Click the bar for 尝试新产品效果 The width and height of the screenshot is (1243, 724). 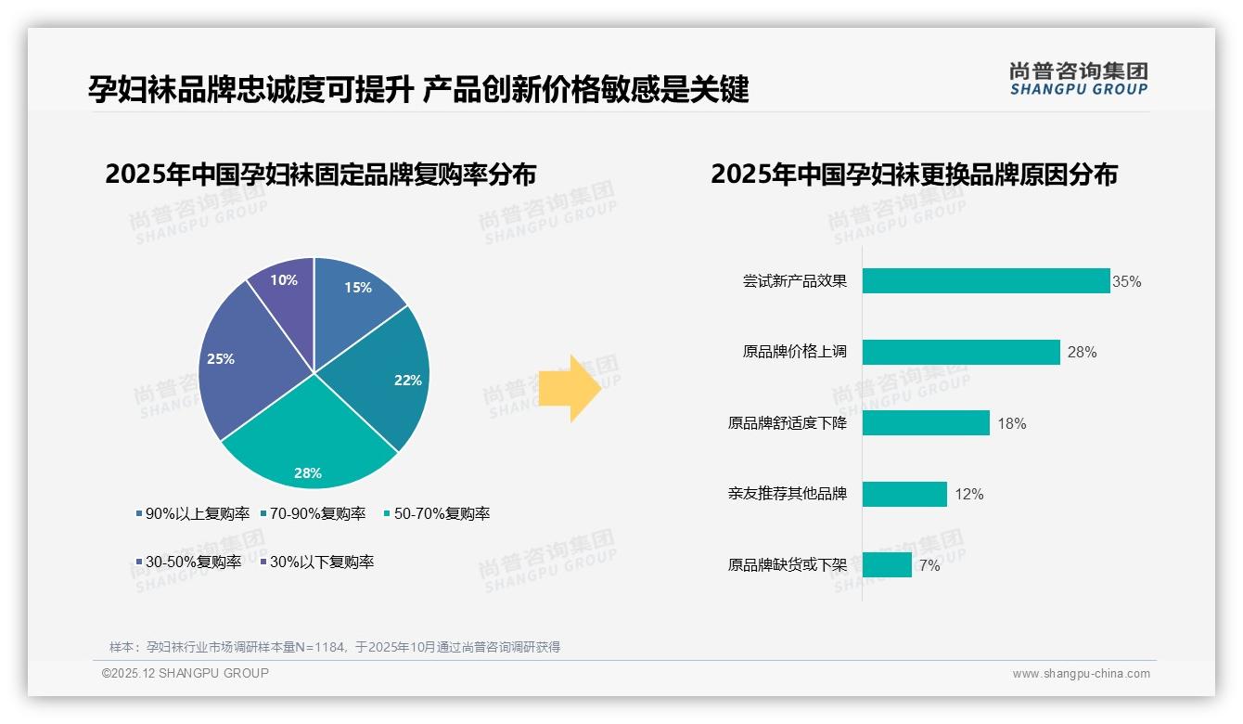coord(985,281)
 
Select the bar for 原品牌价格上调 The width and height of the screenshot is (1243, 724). coord(960,352)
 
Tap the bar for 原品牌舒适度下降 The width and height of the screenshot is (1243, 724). coord(925,423)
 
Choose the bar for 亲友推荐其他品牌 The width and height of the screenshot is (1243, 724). coord(903,494)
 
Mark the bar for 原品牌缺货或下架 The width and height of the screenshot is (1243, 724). coord(886,564)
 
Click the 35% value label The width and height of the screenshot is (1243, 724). coord(1126,282)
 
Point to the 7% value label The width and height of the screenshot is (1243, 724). coord(929,565)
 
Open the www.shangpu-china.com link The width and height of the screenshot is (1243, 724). coord(1081,674)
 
